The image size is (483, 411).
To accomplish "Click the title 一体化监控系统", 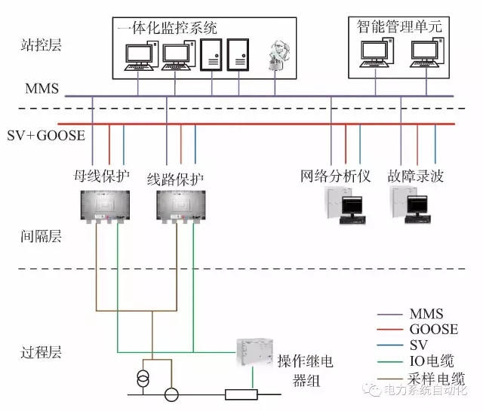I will (167, 29).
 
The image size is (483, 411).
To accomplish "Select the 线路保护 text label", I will (175, 179).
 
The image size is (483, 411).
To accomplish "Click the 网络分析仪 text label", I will (336, 176).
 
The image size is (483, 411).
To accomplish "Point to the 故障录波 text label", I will (416, 176).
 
